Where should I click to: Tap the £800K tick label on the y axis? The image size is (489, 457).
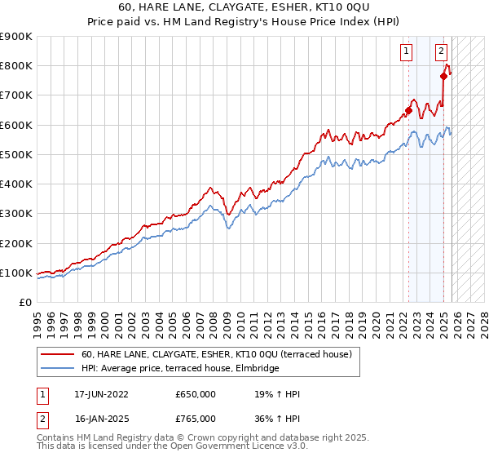point(16,66)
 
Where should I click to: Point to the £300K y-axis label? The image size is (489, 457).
point(16,214)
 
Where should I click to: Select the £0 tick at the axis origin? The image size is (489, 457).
point(24,302)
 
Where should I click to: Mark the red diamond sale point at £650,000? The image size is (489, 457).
point(408,111)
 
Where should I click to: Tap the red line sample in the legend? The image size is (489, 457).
point(57,355)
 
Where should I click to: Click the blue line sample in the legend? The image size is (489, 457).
point(57,369)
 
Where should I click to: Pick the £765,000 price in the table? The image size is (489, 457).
point(196,419)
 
